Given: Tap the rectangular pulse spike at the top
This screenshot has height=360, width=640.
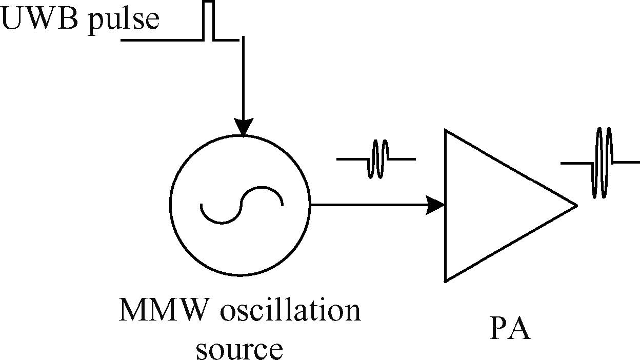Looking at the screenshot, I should pos(208,21).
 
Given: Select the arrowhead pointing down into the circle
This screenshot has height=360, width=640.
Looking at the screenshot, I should pos(243,127).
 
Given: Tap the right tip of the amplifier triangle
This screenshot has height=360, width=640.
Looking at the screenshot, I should pos(576,206).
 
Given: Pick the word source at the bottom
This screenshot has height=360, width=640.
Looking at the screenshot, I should pos(239,349).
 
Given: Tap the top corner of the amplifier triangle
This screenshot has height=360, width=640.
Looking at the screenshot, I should pos(446,132).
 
